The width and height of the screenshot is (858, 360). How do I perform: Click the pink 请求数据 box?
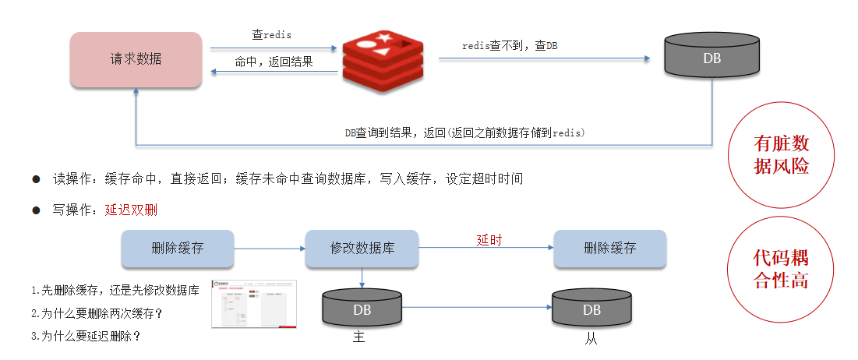coord(136,59)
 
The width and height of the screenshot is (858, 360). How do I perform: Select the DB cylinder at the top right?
coord(711,57)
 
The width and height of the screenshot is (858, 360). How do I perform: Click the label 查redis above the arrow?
coord(271,35)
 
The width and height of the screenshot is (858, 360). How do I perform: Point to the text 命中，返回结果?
coord(274,62)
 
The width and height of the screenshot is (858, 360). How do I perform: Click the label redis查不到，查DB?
coord(510,46)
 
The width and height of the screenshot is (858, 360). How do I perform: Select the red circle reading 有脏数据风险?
coord(782,155)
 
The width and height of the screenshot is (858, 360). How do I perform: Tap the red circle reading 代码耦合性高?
coord(782,269)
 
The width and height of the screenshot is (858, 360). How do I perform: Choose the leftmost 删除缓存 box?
coord(178,249)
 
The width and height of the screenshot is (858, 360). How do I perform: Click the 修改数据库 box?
coord(362,249)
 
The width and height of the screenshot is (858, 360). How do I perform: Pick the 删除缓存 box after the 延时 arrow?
coord(609,249)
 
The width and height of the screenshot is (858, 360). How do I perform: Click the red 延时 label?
coord(489,240)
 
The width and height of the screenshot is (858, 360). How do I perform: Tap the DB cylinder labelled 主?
coord(362,309)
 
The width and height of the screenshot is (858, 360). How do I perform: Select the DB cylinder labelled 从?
coord(591,309)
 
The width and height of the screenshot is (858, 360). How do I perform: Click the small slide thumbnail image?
coord(254,304)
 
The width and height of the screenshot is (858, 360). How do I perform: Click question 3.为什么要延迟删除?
coord(87,337)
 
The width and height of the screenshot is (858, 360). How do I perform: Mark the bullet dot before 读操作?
coord(36,179)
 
